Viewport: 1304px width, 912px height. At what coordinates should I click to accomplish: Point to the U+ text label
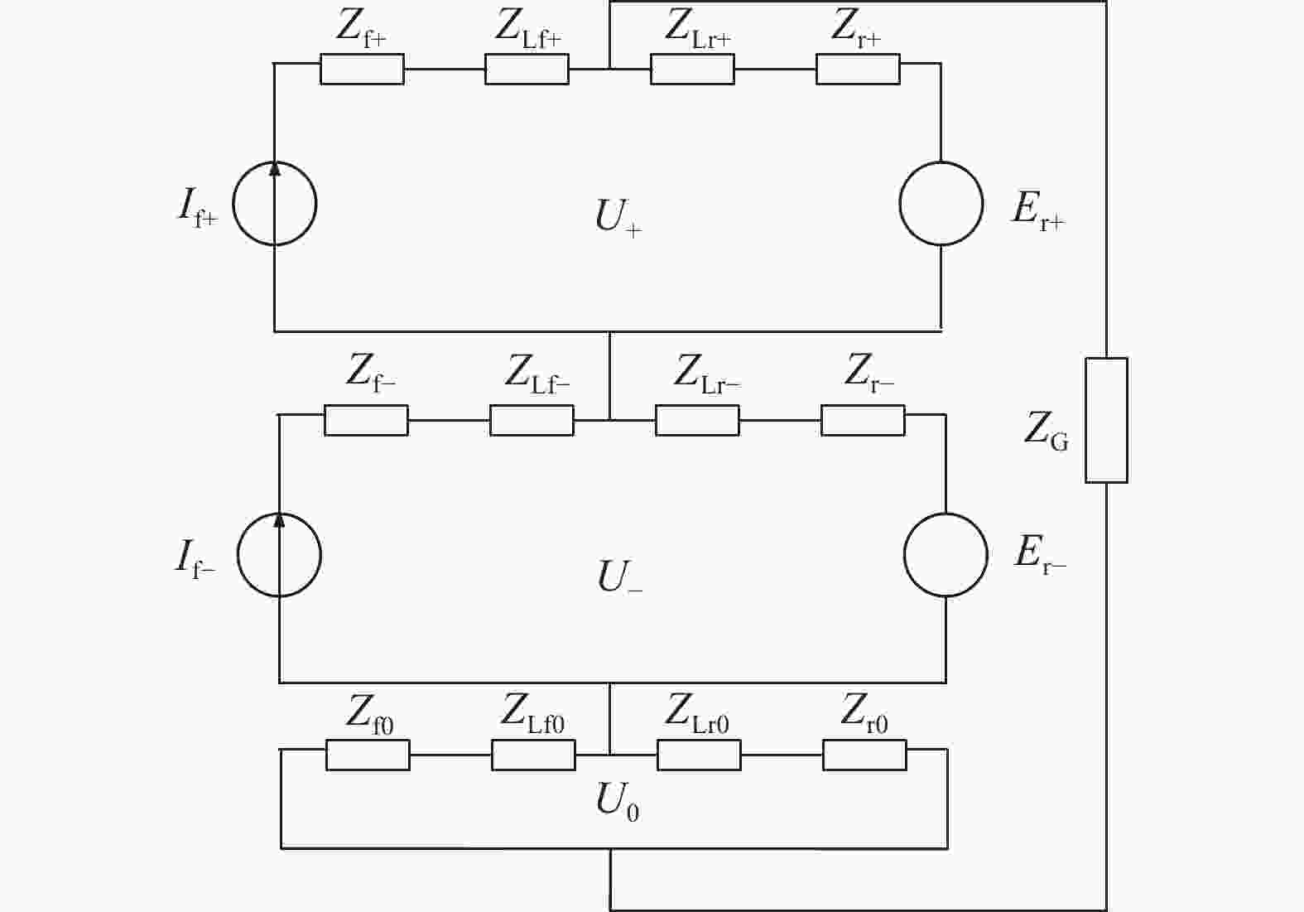(618, 218)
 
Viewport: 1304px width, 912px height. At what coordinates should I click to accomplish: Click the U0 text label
(617, 802)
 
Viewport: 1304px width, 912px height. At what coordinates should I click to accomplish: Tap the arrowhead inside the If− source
(279, 520)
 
